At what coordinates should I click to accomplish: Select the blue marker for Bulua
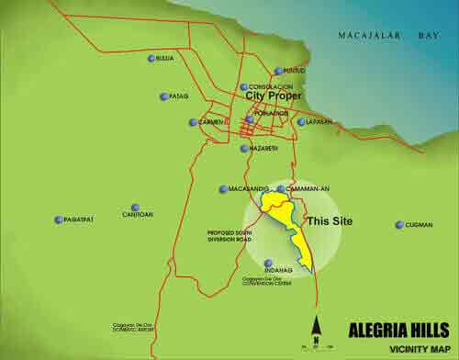coord(151,59)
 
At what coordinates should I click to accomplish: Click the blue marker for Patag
coord(163,96)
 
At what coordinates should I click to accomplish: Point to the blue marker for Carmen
coord(193,122)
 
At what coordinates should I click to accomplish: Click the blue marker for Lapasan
coord(301,121)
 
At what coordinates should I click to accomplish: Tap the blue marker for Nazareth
coord(243,148)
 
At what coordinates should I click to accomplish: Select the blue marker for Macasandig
coord(223,189)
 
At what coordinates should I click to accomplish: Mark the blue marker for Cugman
coord(399,225)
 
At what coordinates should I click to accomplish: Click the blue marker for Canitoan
coord(135,208)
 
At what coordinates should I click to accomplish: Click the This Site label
coord(329,221)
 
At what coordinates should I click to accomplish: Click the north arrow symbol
coord(315,329)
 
